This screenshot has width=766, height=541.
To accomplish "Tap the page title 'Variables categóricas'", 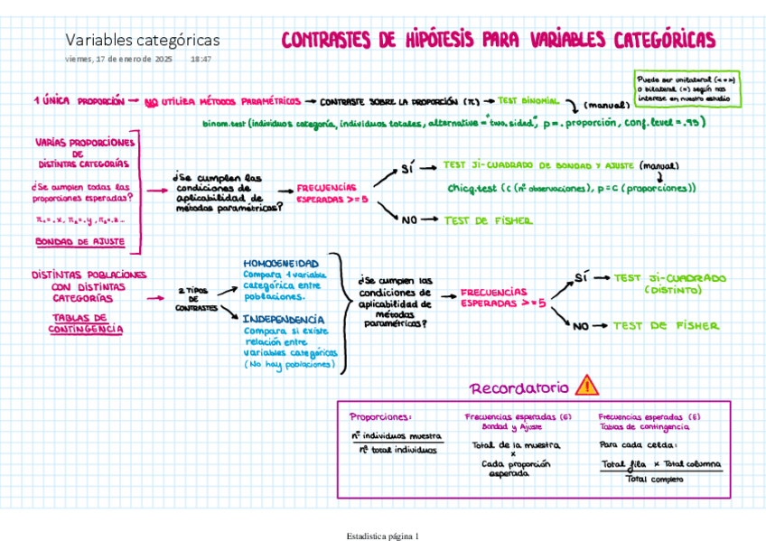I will [x=142, y=40].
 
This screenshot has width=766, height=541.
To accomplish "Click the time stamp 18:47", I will [x=201, y=59].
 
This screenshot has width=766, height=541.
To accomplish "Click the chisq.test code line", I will [x=572, y=188].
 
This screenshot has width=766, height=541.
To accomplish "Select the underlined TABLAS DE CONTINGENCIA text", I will [x=86, y=323].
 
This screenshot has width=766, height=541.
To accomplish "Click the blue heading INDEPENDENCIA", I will [x=284, y=319].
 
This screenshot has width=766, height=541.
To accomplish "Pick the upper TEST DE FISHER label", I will [x=488, y=219].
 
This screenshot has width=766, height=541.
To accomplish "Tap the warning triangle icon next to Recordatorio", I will [x=586, y=387].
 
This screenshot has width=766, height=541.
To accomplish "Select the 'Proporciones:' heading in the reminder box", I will [x=380, y=416].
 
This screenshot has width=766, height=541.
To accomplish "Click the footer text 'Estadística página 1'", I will [x=382, y=536].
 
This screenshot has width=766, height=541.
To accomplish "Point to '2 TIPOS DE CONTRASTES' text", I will [x=196, y=300].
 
